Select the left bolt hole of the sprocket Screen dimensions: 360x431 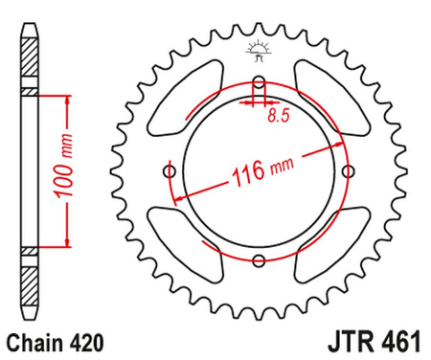(x=170, y=170)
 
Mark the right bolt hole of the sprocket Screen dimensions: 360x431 (x=347, y=170)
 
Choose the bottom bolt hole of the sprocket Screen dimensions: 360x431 (x=259, y=259)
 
